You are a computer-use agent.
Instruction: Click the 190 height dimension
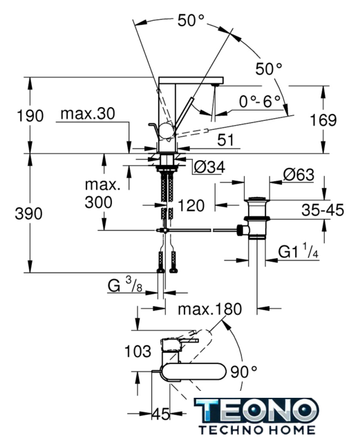pos(30,116)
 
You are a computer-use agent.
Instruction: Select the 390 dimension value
pos(28,213)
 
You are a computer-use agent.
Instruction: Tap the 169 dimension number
pos(323,120)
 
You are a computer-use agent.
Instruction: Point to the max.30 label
pos(88,114)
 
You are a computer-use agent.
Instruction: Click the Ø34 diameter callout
pos(209,167)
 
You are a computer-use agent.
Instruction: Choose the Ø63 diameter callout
pos(299,175)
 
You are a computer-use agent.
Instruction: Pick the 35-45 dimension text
pos(323,210)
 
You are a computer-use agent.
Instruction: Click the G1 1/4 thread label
pos(299,251)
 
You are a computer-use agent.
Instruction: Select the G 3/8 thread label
pos(124,285)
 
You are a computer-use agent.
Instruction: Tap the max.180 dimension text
pos(210,309)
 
